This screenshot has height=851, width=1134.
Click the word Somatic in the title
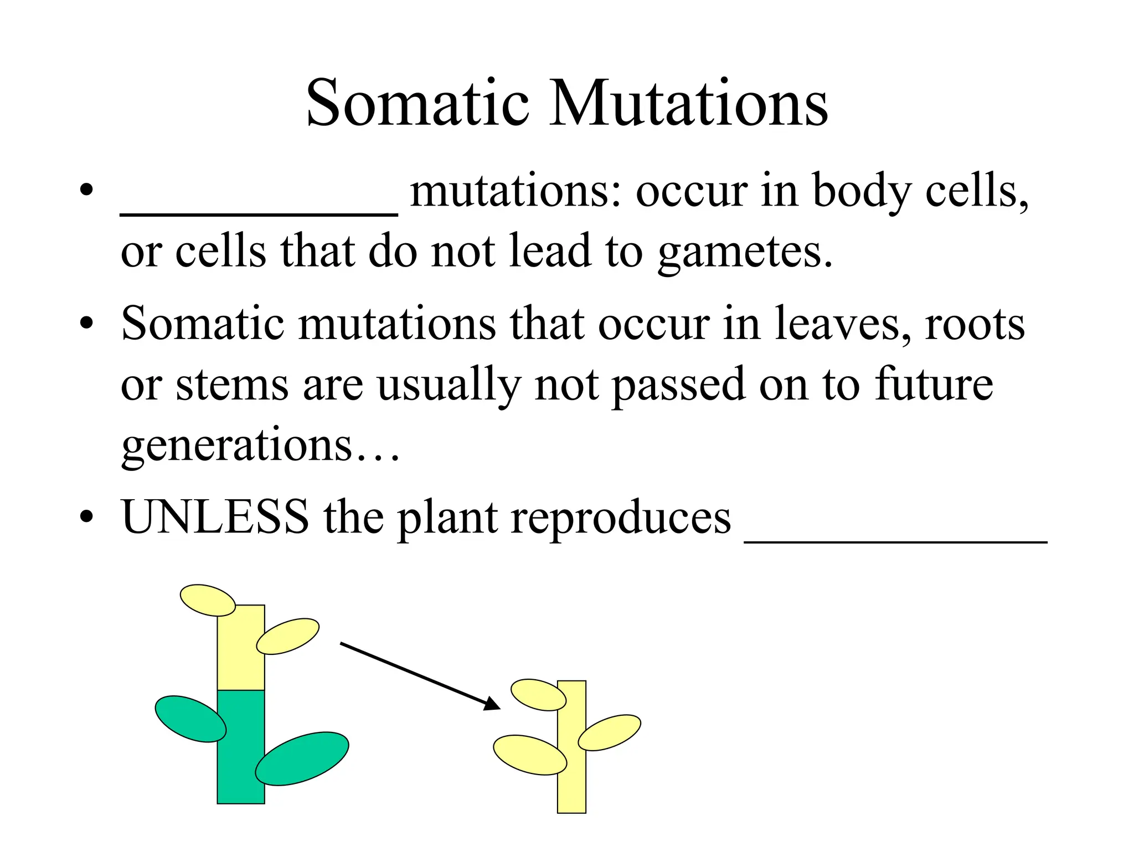tap(418, 103)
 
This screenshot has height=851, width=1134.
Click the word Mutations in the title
tap(689, 103)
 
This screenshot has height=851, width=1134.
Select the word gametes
tap(745, 253)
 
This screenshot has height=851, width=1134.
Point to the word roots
tap(975, 324)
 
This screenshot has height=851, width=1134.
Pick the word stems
tap(232, 385)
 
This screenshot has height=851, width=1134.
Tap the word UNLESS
tap(215, 516)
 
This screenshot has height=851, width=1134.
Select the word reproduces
tap(621, 517)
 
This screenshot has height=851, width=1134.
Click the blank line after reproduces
tap(895, 541)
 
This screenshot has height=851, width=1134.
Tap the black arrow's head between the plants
tap(492, 704)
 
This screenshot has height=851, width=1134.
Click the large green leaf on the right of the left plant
tap(302, 758)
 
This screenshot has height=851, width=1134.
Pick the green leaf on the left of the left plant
tap(190, 719)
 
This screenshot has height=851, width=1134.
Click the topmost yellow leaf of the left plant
tap(208, 600)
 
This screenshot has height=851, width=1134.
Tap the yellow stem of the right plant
tap(571, 787)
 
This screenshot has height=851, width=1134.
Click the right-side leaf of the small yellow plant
tap(609, 732)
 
